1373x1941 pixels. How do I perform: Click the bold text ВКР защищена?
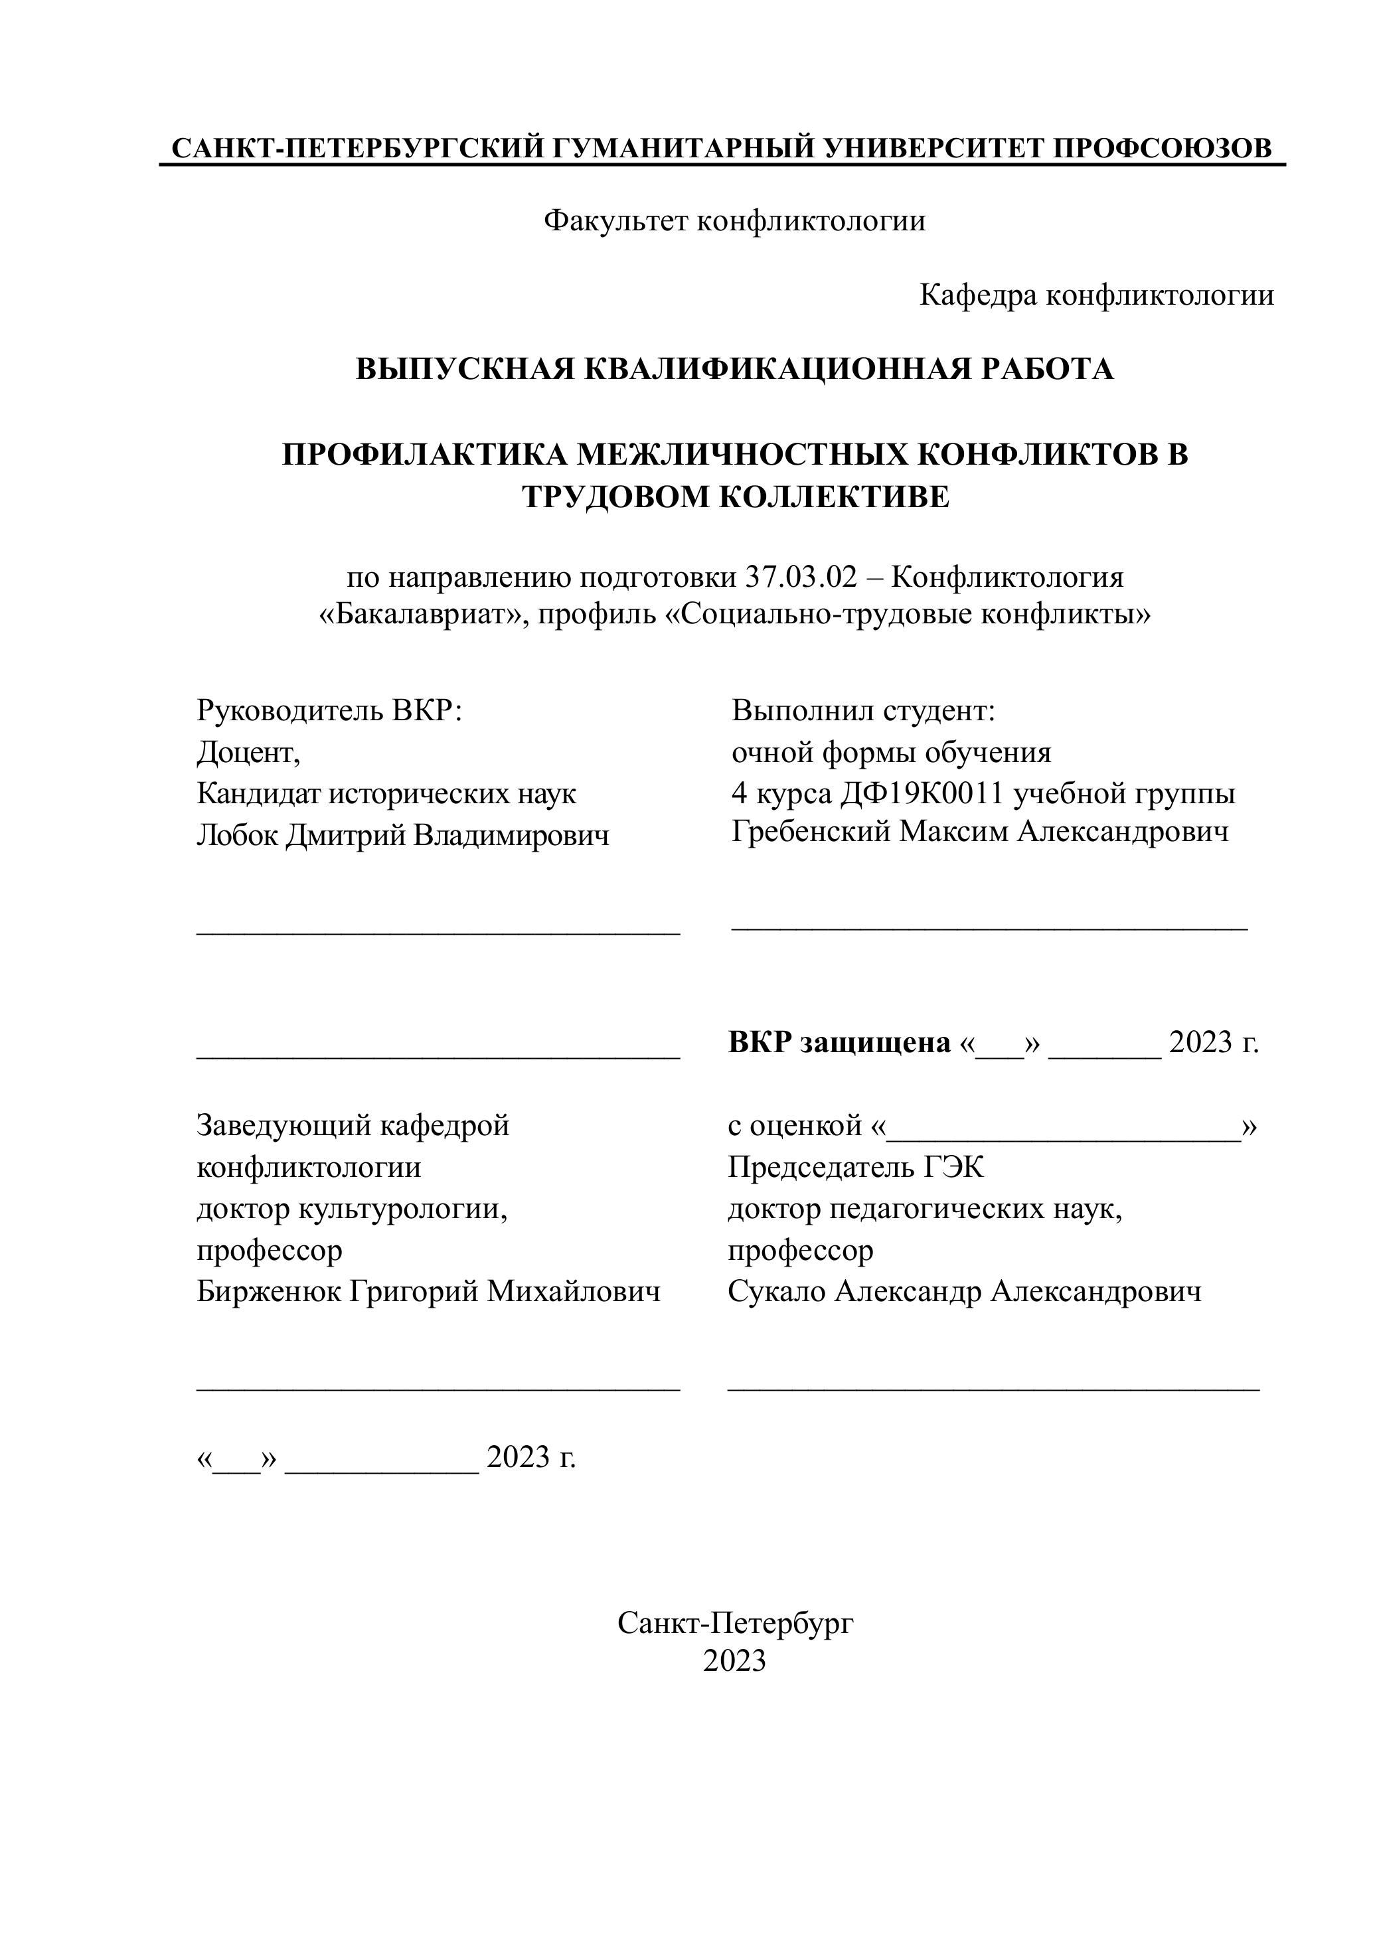839,1044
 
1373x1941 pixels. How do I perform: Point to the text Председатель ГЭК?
856,1168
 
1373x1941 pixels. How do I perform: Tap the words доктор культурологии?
352,1209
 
